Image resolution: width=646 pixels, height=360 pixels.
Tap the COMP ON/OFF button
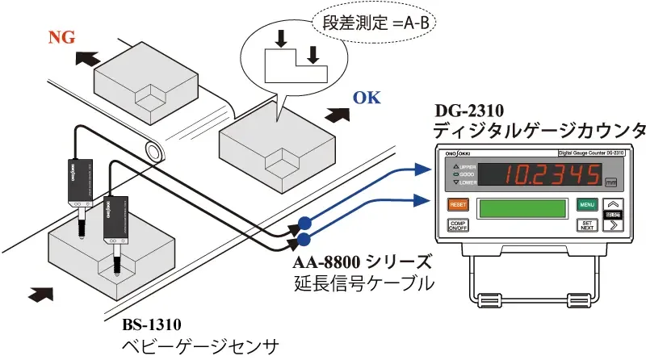point(458,227)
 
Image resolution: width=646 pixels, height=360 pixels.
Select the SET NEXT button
point(588,226)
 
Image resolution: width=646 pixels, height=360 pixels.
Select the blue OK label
point(366,99)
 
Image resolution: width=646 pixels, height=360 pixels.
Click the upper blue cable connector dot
point(304,223)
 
